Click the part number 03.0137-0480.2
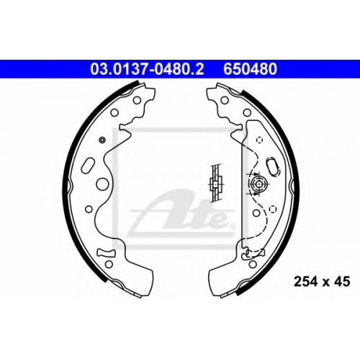coord(147,69)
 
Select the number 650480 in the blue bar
coord(250,69)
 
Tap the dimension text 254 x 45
coord(322,282)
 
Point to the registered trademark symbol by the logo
coord(233,226)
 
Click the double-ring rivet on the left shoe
coord(102,140)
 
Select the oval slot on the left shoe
coord(88,166)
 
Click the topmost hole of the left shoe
coord(137,100)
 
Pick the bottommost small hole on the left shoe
coord(109,264)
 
